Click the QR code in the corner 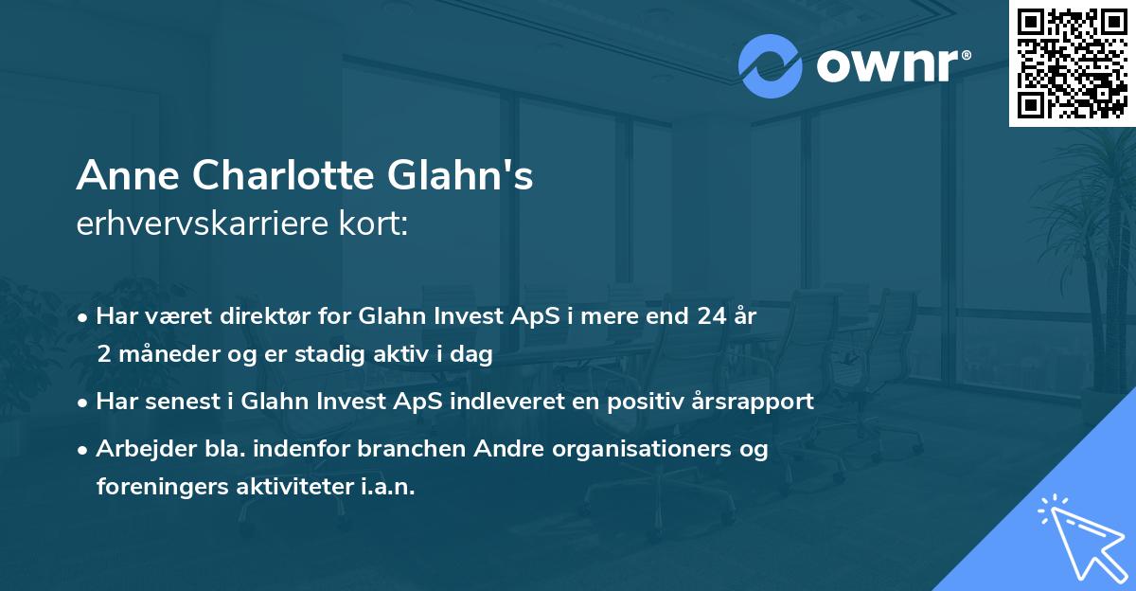(1072, 63)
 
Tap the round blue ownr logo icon (770, 66)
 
